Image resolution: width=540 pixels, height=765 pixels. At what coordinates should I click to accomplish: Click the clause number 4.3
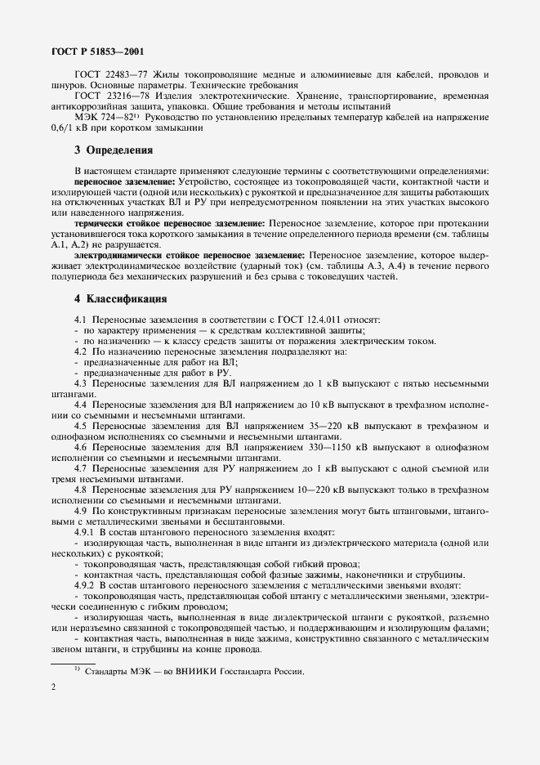point(81,382)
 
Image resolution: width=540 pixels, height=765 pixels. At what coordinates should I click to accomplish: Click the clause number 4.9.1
point(86,532)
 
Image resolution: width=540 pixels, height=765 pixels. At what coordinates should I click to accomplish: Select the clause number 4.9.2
point(86,585)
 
